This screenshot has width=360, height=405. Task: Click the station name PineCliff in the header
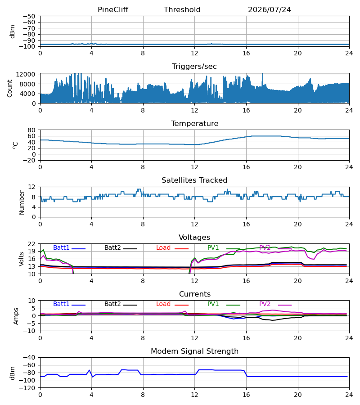point(113,9)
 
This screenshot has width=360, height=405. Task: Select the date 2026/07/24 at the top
point(270,9)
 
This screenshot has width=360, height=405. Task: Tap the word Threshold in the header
point(182,9)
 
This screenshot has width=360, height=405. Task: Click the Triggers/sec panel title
point(194,67)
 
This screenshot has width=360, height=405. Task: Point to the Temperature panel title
point(194,123)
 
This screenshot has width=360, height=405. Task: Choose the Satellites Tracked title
point(194,180)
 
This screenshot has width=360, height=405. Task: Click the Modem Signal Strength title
point(194,351)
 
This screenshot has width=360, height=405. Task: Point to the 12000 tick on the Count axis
point(26,74)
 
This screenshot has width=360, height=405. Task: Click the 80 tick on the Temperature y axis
point(31,130)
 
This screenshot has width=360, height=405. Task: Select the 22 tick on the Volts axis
point(31,244)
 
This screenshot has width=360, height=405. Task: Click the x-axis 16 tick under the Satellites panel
point(246,224)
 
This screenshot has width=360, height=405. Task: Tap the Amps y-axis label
point(16,316)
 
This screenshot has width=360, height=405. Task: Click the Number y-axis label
point(22,202)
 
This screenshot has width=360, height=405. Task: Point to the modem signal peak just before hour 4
point(90,370)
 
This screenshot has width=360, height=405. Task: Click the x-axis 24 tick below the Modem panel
point(349,395)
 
